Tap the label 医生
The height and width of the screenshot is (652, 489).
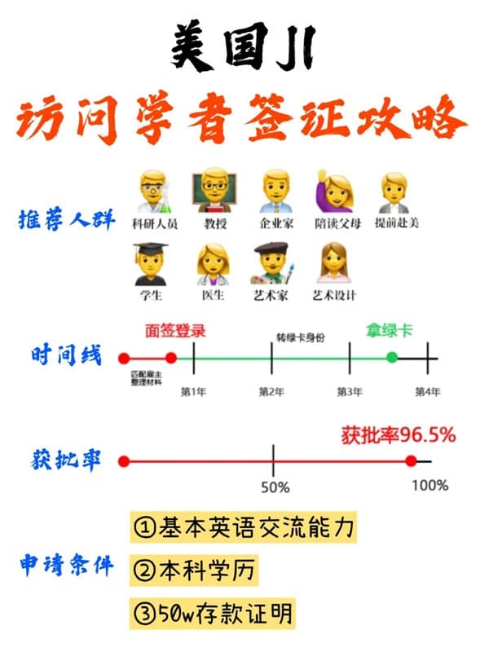(x=213, y=295)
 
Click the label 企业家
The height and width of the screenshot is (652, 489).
(x=276, y=223)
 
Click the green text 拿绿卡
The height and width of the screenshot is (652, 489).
(x=388, y=332)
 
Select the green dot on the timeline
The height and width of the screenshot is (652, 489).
(x=392, y=358)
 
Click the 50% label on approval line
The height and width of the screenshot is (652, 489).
(x=275, y=487)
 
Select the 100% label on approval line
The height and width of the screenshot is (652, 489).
(x=430, y=486)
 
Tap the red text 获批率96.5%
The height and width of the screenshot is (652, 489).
(x=398, y=435)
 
